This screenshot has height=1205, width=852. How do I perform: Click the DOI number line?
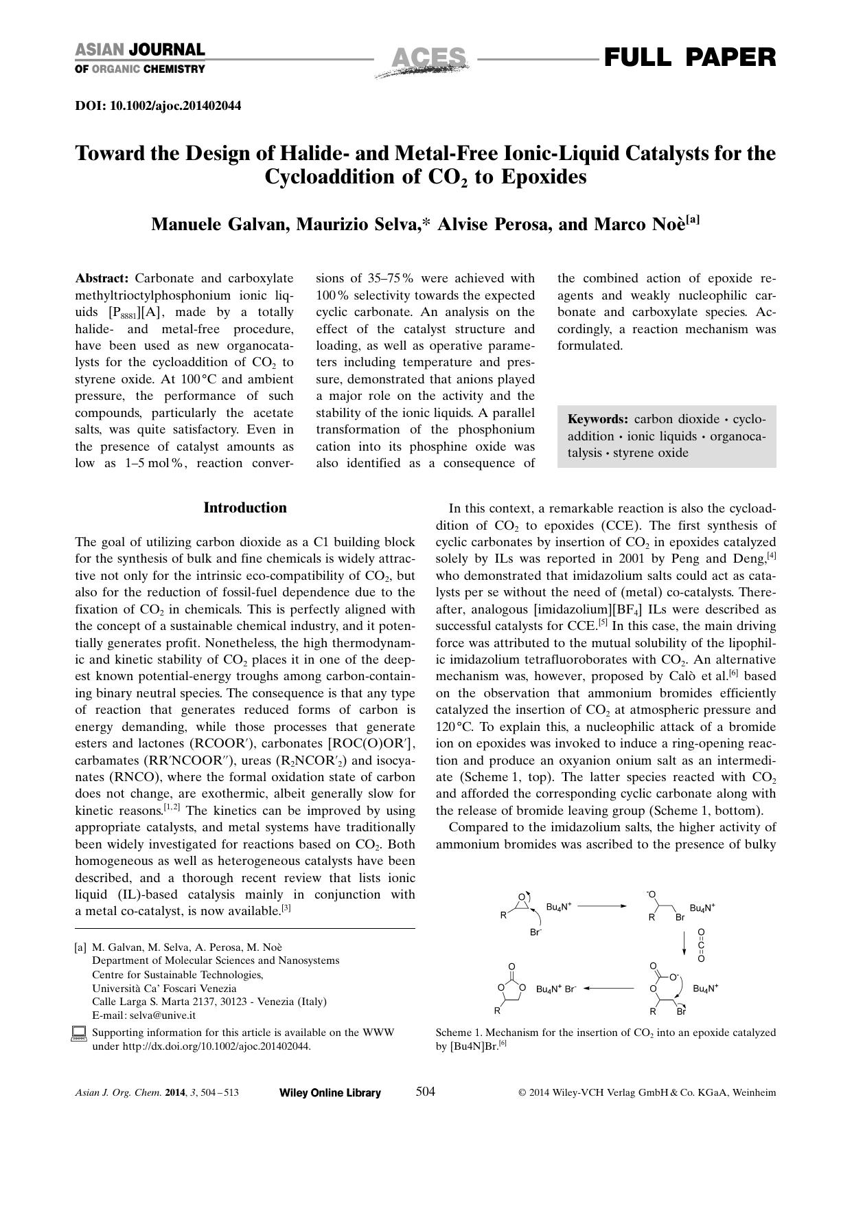pos(158,106)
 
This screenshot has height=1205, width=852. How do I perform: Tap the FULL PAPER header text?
pos(689,57)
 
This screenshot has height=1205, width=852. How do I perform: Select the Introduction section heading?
pos(245,508)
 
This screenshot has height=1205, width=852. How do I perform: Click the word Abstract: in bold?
pos(102,278)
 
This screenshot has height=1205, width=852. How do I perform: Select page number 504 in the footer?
pos(426,1092)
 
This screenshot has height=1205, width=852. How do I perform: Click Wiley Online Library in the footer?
pos(330,1093)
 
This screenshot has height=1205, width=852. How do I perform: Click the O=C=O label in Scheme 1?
pos(701,946)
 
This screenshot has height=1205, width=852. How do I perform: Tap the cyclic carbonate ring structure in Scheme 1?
pos(511,987)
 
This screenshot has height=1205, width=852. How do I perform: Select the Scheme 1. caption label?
pos(458,1033)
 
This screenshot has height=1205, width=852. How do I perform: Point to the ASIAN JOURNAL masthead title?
pos(139,50)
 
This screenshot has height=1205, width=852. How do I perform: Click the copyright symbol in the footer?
pos(522,1093)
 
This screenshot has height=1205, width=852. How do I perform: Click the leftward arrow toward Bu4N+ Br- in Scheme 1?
pos(609,989)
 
